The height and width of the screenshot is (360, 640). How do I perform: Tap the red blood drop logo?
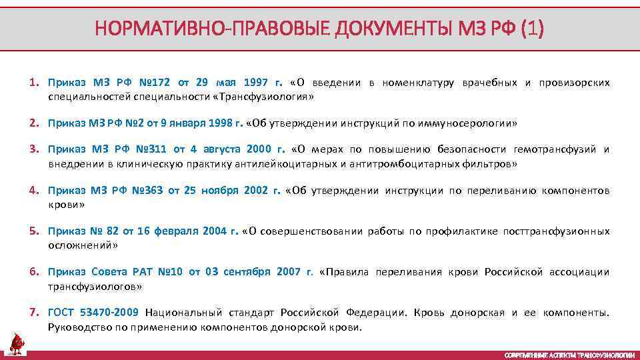click(x=17, y=343)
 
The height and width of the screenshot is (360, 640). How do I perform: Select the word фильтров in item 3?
click(x=493, y=163)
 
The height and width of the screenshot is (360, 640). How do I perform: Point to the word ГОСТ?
click(x=62, y=313)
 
